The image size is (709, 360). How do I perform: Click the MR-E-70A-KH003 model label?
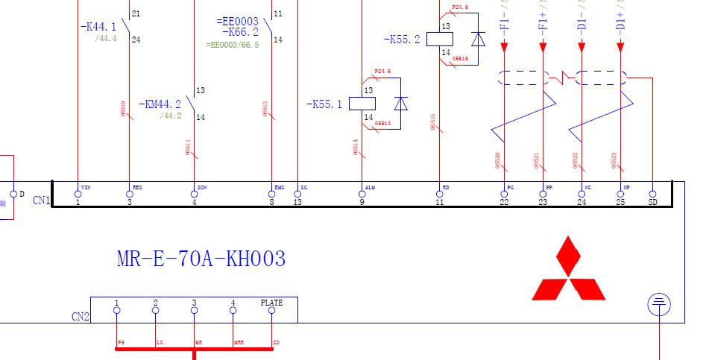(201, 259)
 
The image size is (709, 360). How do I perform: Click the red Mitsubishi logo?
(568, 269)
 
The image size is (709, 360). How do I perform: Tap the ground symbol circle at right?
(658, 304)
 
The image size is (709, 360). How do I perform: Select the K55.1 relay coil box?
(363, 104)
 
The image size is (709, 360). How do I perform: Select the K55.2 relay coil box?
(440, 40)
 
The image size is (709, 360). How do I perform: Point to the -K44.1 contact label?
(98, 27)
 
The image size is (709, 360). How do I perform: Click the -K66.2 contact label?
(240, 33)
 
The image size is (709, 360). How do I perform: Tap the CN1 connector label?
(41, 200)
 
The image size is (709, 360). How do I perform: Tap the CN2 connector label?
(81, 317)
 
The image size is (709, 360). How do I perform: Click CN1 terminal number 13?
(297, 202)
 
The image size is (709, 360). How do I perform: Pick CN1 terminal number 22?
(505, 202)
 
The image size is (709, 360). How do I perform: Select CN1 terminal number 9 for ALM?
(362, 202)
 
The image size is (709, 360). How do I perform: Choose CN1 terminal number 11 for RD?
(439, 202)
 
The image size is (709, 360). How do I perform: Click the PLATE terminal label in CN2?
(271, 303)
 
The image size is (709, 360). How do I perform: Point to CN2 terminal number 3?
(194, 303)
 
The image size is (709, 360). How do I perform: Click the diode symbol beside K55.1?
(401, 104)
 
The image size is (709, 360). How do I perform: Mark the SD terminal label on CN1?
(653, 202)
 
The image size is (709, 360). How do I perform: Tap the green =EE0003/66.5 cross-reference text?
(233, 45)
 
